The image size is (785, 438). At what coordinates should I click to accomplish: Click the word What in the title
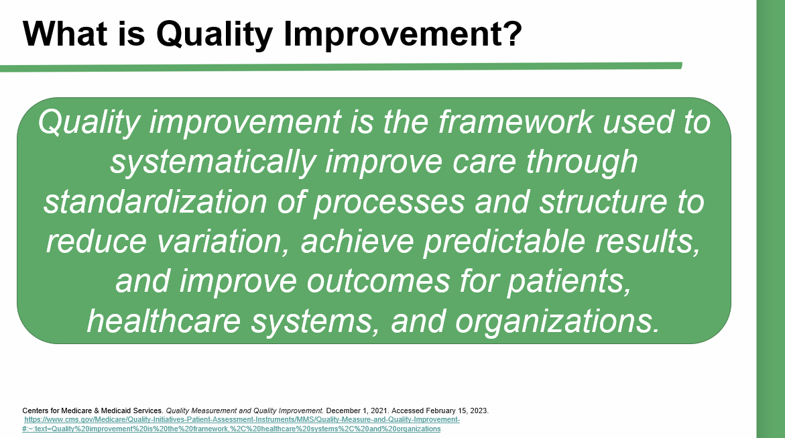[66, 34]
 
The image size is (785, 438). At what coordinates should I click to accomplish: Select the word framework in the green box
[516, 121]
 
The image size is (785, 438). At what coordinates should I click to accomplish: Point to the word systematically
[213, 162]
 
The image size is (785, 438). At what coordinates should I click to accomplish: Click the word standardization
[156, 201]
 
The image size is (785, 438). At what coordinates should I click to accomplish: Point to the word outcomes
[378, 281]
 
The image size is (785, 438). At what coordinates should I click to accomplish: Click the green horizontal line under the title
[341, 67]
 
